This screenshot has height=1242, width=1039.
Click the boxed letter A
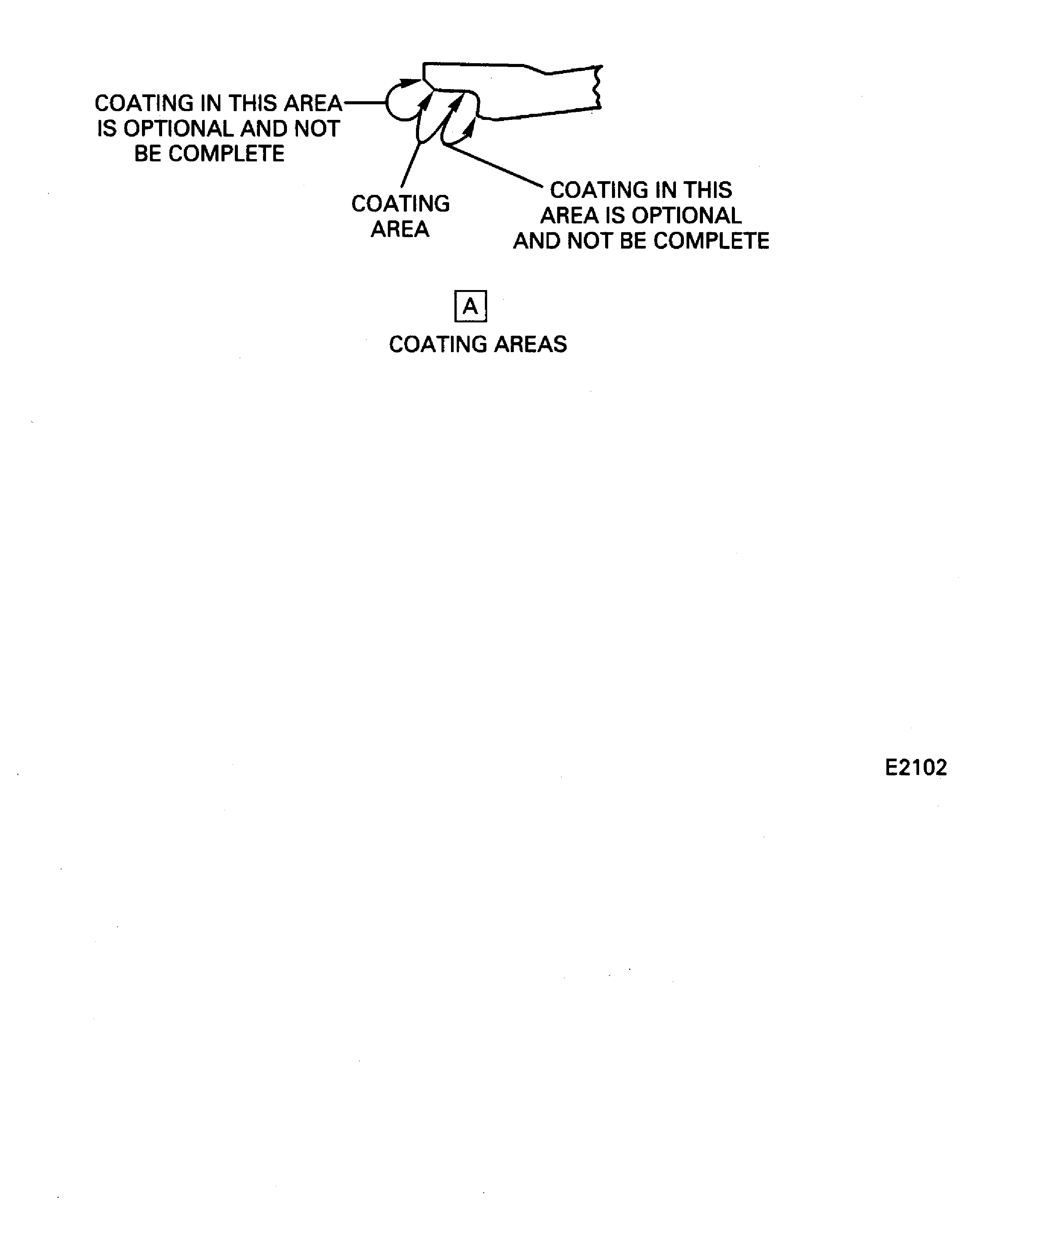pyautogui.click(x=470, y=306)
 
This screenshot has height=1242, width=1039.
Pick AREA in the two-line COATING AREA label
pyautogui.click(x=400, y=229)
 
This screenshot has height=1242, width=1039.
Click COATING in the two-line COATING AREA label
pyautogui.click(x=400, y=204)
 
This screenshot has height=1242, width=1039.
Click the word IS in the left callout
pyautogui.click(x=107, y=128)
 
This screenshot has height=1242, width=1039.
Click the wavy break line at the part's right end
pyautogui.click(x=598, y=88)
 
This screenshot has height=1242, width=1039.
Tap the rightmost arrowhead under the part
pyautogui.click(x=470, y=127)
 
